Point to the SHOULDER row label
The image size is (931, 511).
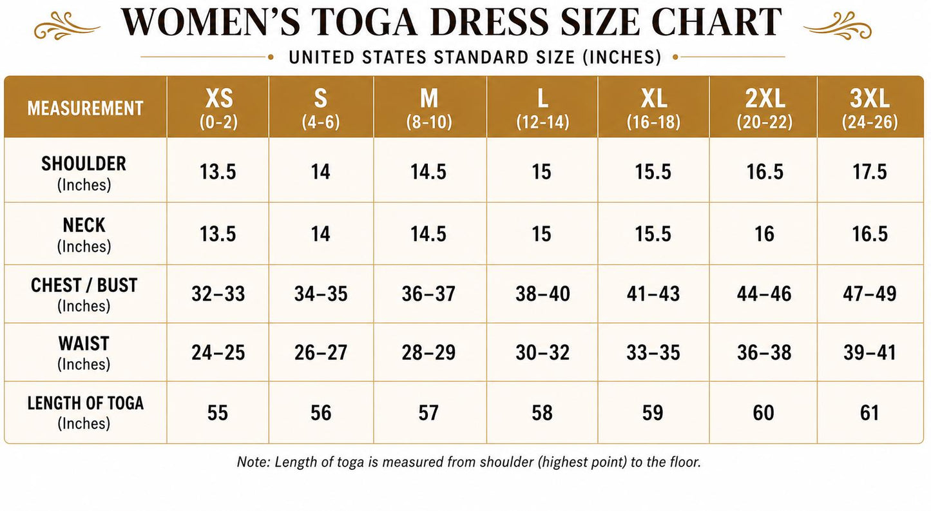[84, 173]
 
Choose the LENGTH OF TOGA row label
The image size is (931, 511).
[85, 412]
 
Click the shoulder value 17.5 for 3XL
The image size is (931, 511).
[870, 171]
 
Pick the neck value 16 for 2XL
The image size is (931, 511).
[764, 234]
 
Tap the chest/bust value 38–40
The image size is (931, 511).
[542, 294]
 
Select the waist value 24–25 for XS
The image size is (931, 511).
[218, 352]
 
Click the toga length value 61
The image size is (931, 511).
[870, 413]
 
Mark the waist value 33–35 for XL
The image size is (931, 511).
[653, 352]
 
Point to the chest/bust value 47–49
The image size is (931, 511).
[870, 294]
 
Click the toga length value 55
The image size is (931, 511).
[217, 413]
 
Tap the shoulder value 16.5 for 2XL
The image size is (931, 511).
[765, 171]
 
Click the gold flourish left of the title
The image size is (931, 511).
[67, 26]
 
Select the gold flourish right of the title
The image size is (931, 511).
[837, 26]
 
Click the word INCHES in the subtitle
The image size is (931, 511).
[622, 57]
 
